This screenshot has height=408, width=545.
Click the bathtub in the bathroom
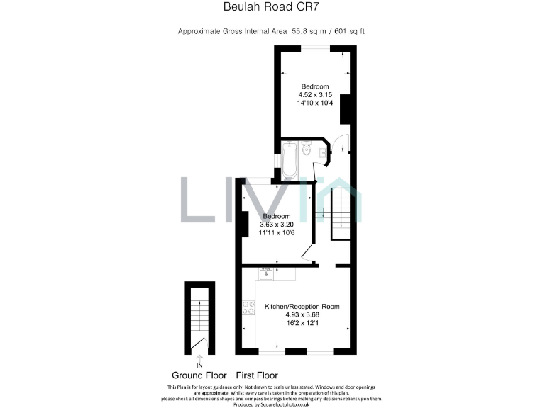(x=289, y=161)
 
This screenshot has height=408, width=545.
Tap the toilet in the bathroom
(x=307, y=148)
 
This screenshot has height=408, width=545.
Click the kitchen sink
(x=267, y=274)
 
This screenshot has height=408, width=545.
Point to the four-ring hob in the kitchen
(x=249, y=307)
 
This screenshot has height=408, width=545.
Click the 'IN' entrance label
(x=199, y=365)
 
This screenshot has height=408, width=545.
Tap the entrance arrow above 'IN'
(x=199, y=357)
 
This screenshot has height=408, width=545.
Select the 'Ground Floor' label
(x=199, y=375)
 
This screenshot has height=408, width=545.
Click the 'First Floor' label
(x=257, y=375)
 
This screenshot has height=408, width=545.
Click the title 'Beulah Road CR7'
(x=272, y=9)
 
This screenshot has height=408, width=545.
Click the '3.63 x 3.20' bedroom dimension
(x=277, y=225)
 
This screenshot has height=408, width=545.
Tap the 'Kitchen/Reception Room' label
(x=302, y=307)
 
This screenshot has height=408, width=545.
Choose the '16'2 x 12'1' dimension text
(x=302, y=324)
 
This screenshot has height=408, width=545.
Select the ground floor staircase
(x=199, y=312)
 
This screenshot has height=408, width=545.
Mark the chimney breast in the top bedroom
(x=347, y=109)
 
